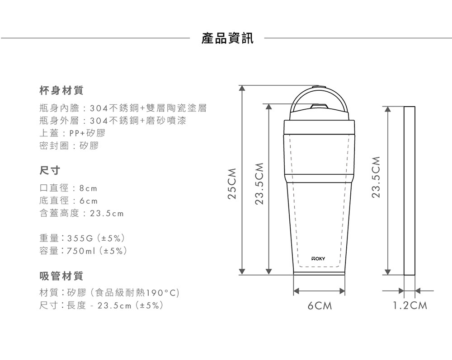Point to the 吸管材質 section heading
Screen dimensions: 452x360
(61, 275)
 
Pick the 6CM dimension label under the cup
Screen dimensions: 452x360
(320, 306)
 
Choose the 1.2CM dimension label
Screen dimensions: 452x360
(410, 306)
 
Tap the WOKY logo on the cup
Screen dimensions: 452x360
(318, 259)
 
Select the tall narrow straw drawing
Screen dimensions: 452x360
(409, 190)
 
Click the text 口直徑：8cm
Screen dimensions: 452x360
(69, 187)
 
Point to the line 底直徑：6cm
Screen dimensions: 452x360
(69, 200)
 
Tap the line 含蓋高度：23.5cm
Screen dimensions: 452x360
(82, 213)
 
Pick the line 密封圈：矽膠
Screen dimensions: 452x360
(69, 146)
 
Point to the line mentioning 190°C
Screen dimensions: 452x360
(110, 293)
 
